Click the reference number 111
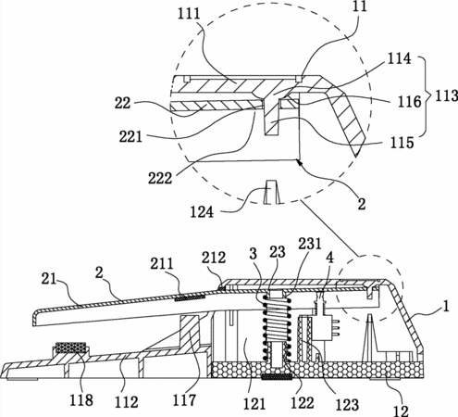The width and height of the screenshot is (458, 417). point(189,14)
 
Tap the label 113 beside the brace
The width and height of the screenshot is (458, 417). point(446,95)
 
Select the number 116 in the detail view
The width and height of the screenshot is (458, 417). point(409,102)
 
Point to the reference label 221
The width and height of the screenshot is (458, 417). point(130,136)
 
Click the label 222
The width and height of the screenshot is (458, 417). point(160,178)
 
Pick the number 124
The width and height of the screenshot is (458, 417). point(202,212)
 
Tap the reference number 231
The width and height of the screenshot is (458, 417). point(309,244)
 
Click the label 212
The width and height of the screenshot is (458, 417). point(214,258)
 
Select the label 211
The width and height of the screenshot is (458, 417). point(162,264)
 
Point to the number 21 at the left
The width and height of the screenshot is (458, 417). point(49,279)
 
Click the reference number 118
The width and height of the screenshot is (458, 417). point(80,400)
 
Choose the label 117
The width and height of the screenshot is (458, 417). point(184,400)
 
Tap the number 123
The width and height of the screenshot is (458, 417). point(347,405)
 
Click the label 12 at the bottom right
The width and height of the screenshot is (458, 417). point(401,411)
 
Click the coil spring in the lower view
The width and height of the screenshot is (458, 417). point(277,327)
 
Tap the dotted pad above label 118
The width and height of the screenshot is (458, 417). point(70,347)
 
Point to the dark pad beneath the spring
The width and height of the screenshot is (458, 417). point(277,376)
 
